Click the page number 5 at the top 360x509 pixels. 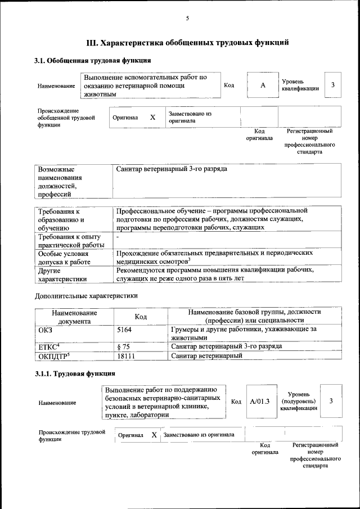[x=187, y=19]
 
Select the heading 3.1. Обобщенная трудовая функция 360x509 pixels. [x=92, y=60]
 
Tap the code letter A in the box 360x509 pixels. [x=262, y=85]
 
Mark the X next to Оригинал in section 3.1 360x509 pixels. [x=152, y=118]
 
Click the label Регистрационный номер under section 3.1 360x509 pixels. [x=309, y=141]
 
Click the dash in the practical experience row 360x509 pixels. [x=118, y=238]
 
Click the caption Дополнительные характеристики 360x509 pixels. [x=86, y=295]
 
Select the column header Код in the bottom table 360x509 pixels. [x=141, y=317]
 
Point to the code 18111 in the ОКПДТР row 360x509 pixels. [x=126, y=356]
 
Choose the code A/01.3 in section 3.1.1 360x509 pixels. [x=260, y=401]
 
